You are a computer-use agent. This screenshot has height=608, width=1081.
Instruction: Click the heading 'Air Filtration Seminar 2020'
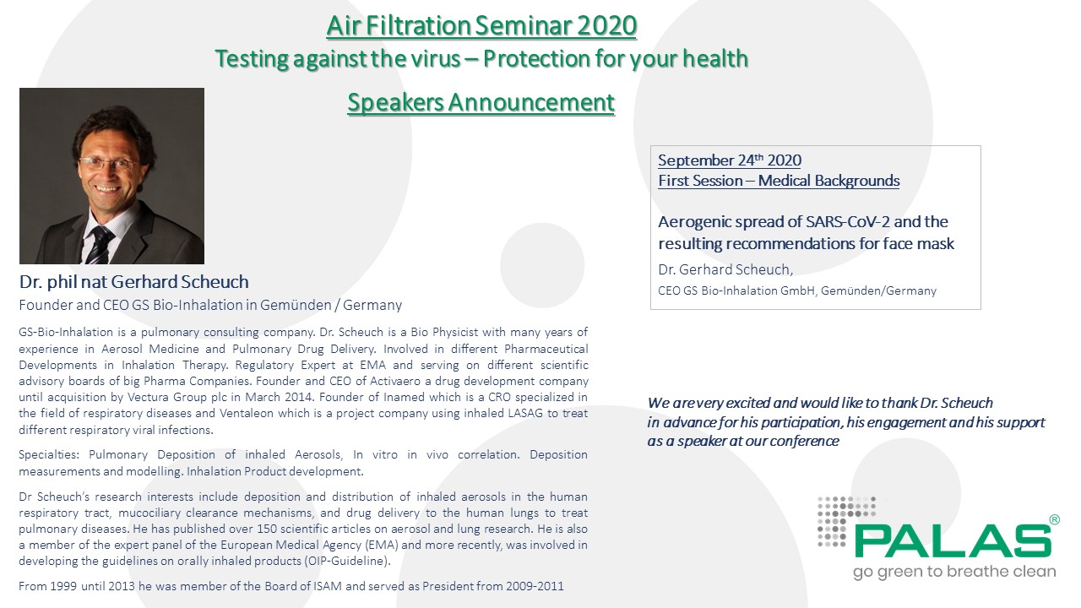481,25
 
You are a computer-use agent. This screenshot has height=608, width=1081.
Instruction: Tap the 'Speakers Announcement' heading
481,102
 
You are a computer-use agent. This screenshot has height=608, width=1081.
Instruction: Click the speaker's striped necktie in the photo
100,245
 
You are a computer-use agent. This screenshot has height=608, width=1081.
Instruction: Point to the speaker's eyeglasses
108,164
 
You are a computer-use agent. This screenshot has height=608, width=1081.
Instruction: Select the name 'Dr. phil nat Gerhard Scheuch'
134,282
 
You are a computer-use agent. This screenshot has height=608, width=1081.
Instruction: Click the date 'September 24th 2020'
730,160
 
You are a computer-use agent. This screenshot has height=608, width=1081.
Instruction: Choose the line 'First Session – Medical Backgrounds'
779,181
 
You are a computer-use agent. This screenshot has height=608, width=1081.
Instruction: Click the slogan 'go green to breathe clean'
954,572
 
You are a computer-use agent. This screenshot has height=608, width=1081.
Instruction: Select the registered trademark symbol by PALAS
1055,519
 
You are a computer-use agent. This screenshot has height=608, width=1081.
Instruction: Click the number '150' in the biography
267,529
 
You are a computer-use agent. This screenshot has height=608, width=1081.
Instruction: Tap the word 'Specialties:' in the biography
49,455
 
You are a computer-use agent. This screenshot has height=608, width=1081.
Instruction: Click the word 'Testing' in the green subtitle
251,59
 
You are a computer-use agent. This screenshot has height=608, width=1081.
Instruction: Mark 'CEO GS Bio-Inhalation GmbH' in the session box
736,291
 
